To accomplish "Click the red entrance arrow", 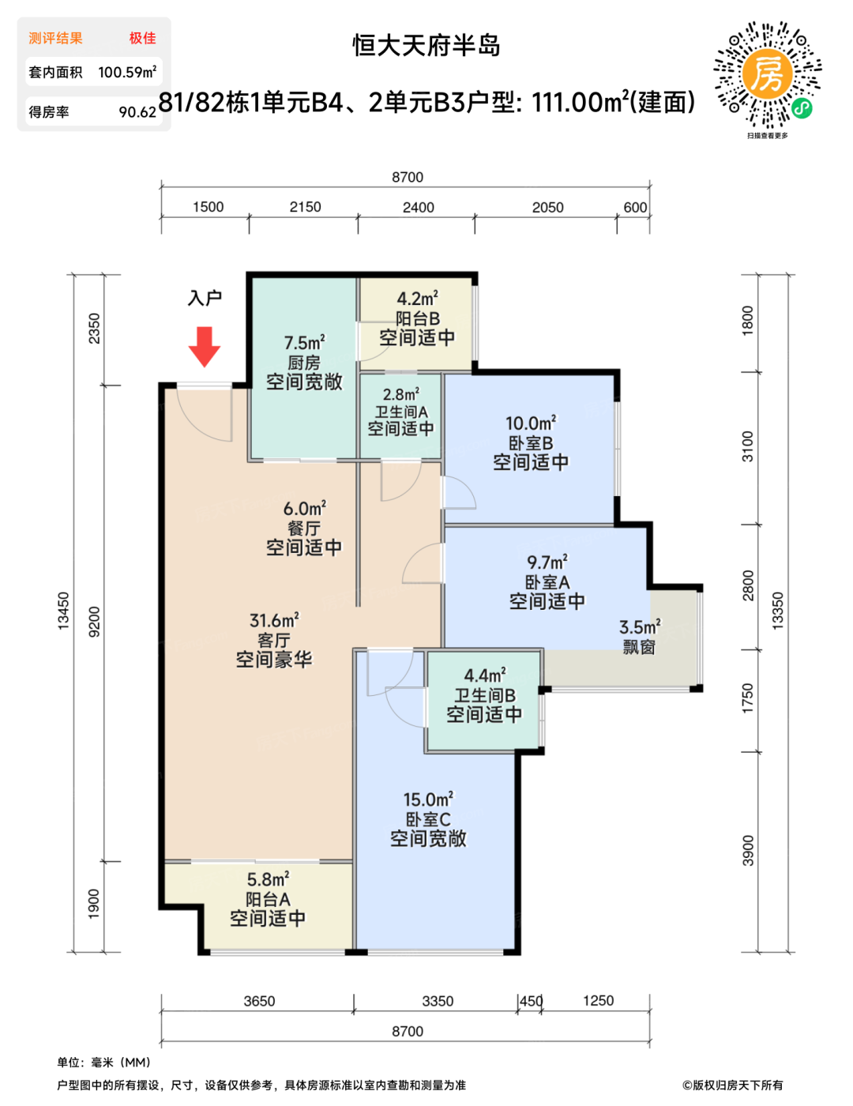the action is tap(205, 347).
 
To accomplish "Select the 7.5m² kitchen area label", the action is tap(304, 343).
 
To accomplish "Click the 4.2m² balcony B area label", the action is tap(417, 299).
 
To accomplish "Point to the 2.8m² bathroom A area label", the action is tap(400, 394).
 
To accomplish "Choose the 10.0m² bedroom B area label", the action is tap(531, 423).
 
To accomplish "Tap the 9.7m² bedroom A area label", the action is tap(547, 562).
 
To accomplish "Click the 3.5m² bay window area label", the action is tap(640, 627).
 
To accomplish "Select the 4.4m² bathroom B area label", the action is tap(485, 675).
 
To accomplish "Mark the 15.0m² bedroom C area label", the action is tap(428, 799).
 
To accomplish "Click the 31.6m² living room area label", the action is tap(274, 620).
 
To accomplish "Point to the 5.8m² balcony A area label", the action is tap(268, 879).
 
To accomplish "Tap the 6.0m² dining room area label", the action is tap(304, 509).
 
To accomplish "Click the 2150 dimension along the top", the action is tap(305, 207).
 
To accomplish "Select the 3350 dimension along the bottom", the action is tap(438, 1001).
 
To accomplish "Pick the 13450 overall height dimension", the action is tap(63, 611).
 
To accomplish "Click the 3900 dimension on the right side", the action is tap(748, 851).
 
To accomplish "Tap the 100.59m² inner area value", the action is tap(127, 72).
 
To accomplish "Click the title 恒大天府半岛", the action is tap(426, 45).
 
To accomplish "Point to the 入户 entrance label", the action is tap(205, 299).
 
